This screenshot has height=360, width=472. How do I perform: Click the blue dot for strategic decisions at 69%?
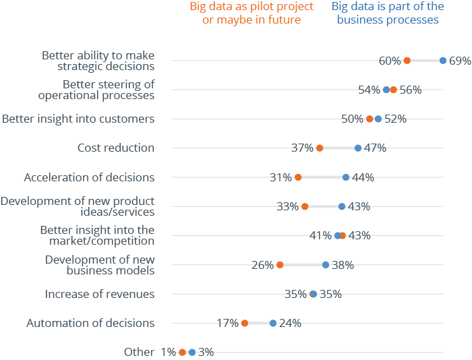pyautogui.click(x=442, y=61)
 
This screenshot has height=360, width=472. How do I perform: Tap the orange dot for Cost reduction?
pyautogui.click(x=320, y=148)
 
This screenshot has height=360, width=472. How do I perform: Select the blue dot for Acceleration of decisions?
pyautogui.click(x=346, y=177)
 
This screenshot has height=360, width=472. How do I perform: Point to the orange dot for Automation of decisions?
pyautogui.click(x=244, y=323)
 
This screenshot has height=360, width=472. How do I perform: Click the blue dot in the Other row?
pyautogui.click(x=192, y=352)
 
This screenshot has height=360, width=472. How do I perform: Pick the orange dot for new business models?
pyautogui.click(x=280, y=265)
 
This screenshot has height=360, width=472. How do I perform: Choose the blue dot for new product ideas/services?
pyautogui.click(x=342, y=206)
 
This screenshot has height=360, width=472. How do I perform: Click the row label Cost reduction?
pyautogui.click(x=116, y=148)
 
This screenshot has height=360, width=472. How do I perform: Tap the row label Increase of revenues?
pyautogui.click(x=100, y=294)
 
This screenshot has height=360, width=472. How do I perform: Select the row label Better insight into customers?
pyautogui.click(x=78, y=119)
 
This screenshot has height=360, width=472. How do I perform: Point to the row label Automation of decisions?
pyautogui.click(x=90, y=323)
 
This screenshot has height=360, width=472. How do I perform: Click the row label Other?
pyautogui.click(x=134, y=352)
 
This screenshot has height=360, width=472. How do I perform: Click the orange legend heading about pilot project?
pyautogui.click(x=252, y=13)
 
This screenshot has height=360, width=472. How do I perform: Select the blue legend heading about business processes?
pyautogui.click(x=388, y=13)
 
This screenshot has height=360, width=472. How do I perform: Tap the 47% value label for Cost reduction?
pyautogui.click(x=375, y=148)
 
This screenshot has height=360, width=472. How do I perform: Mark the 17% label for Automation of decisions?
pyautogui.click(x=228, y=323)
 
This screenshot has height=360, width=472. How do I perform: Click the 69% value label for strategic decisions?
pyautogui.click(x=459, y=61)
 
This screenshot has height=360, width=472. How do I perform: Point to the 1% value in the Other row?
pyautogui.click(x=168, y=352)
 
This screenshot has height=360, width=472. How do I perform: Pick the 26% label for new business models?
pyautogui.click(x=262, y=265)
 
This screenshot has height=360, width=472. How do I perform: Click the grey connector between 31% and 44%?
pyautogui.click(x=322, y=177)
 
